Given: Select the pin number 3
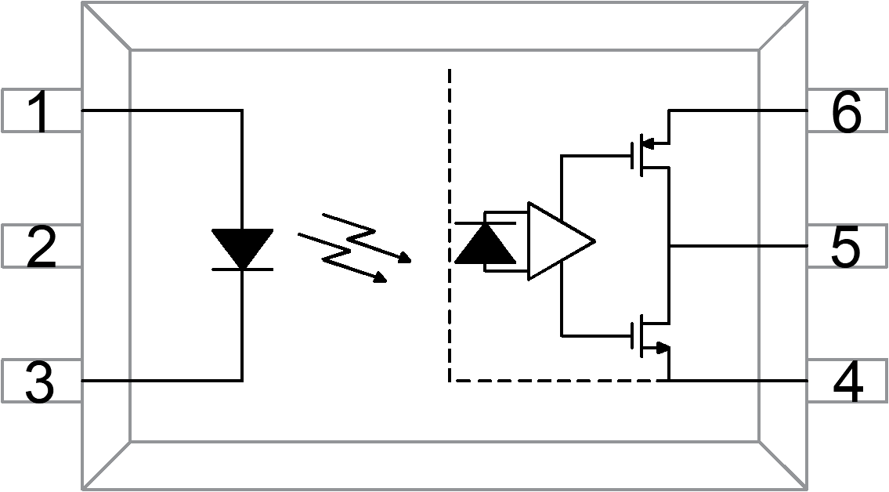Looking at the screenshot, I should [39, 382].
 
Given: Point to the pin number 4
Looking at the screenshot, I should [847, 382].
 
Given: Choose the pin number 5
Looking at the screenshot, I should [845, 246].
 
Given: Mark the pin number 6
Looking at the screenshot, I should [846, 111].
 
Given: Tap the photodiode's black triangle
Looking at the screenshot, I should [485, 244].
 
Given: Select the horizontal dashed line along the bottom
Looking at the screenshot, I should [556, 381].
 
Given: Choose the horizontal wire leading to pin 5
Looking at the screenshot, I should [736, 245].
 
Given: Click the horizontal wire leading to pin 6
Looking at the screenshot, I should [736, 110].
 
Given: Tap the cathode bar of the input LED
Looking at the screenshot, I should [242, 269].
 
